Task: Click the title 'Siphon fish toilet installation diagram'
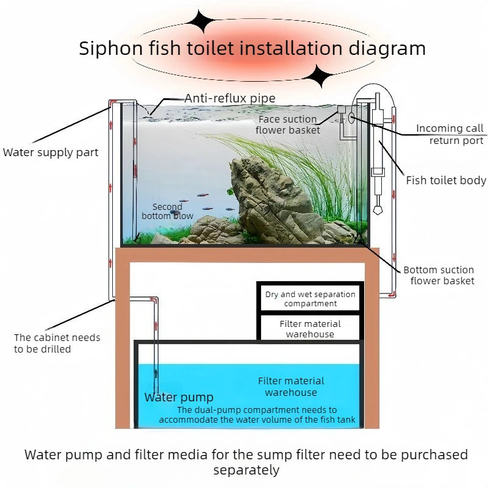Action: pyautogui.click(x=252, y=48)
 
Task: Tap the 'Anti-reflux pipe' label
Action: pyautogui.click(x=230, y=98)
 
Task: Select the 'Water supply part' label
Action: pyautogui.click(x=51, y=152)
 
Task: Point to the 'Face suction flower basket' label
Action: pyautogui.click(x=287, y=124)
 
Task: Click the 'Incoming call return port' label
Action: pyautogui.click(x=450, y=134)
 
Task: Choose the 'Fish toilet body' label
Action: pyautogui.click(x=446, y=181)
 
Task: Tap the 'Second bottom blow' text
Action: pyautogui.click(x=167, y=211)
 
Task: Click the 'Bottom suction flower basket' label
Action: pyautogui.click(x=439, y=275)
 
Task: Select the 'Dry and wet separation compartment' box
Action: pyautogui.click(x=310, y=298)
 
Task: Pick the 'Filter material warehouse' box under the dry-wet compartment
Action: pyautogui.click(x=310, y=329)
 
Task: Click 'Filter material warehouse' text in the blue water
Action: pyautogui.click(x=291, y=387)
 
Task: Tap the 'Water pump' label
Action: pyautogui.click(x=179, y=398)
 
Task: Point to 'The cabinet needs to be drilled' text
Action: pyautogui.click(x=57, y=343)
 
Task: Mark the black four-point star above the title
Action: pyautogui.click(x=201, y=23)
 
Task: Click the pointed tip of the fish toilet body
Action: pyautogui.click(x=377, y=213)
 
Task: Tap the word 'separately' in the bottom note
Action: pyautogui.click(x=246, y=470)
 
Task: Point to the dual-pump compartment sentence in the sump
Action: pyautogui.click(x=257, y=415)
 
